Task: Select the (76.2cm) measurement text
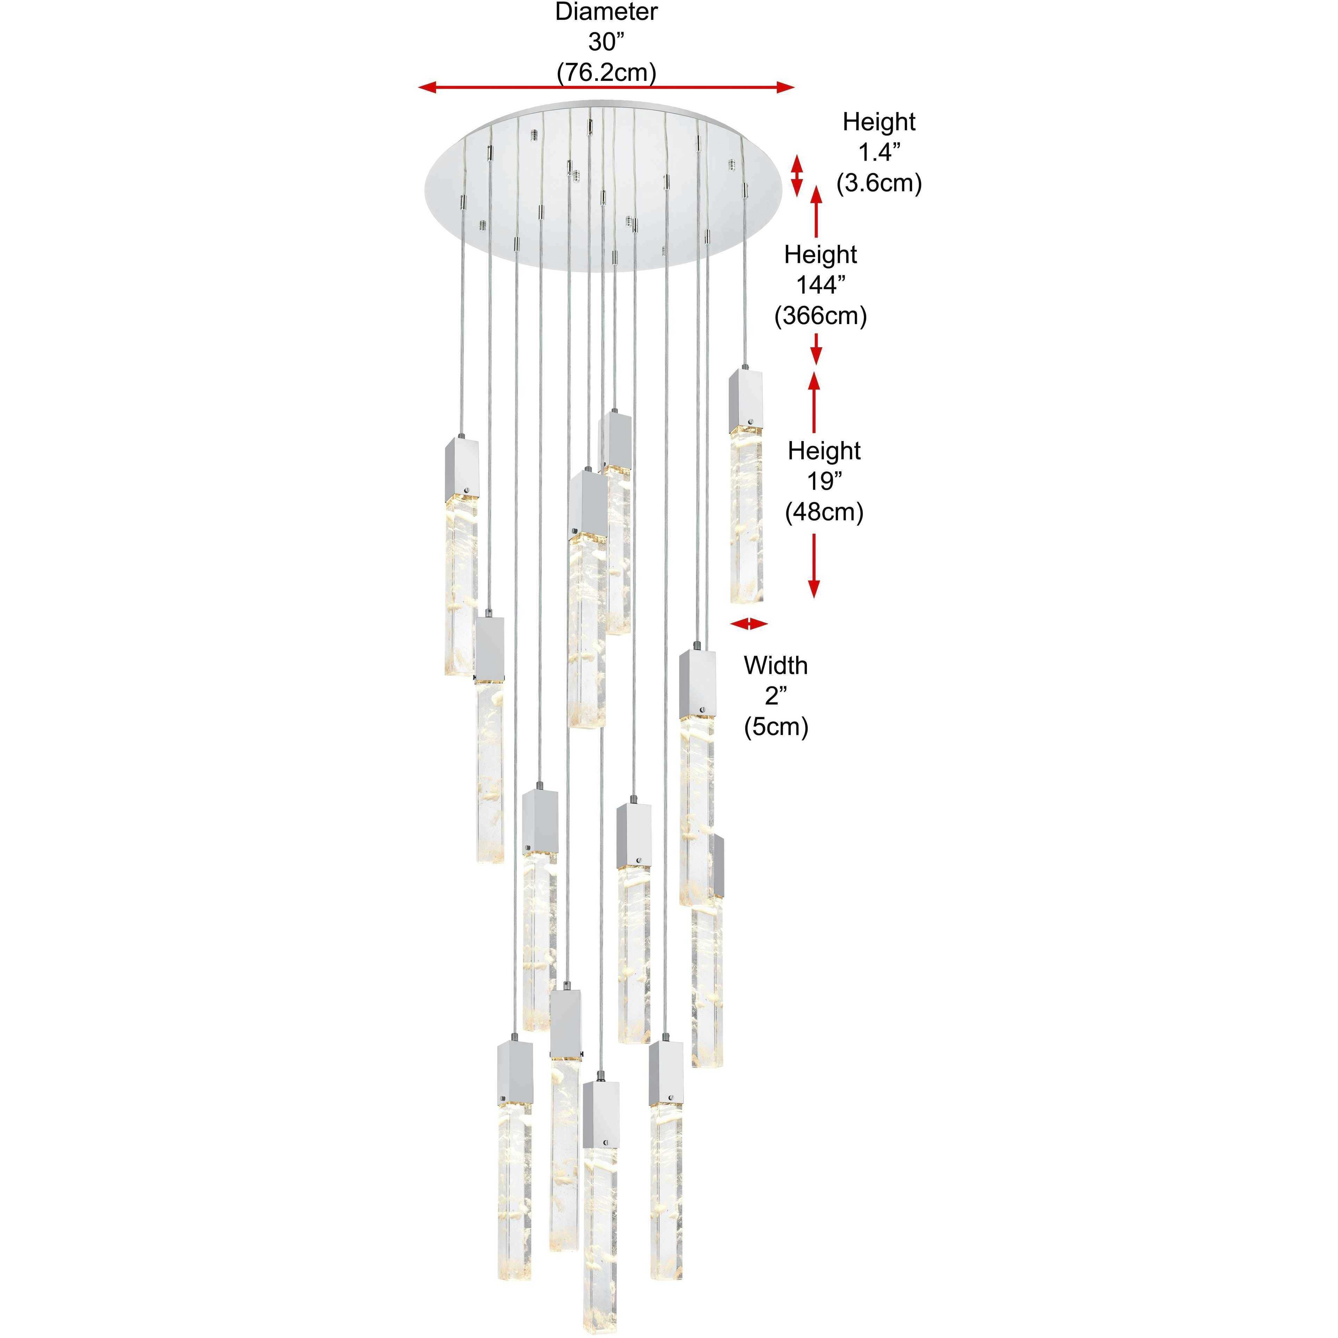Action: coord(606,72)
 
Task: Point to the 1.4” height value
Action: coord(879,152)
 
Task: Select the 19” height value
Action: coord(824,481)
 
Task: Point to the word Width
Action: coord(775,666)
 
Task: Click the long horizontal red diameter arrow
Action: coord(606,87)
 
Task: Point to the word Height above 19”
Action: coord(824,451)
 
